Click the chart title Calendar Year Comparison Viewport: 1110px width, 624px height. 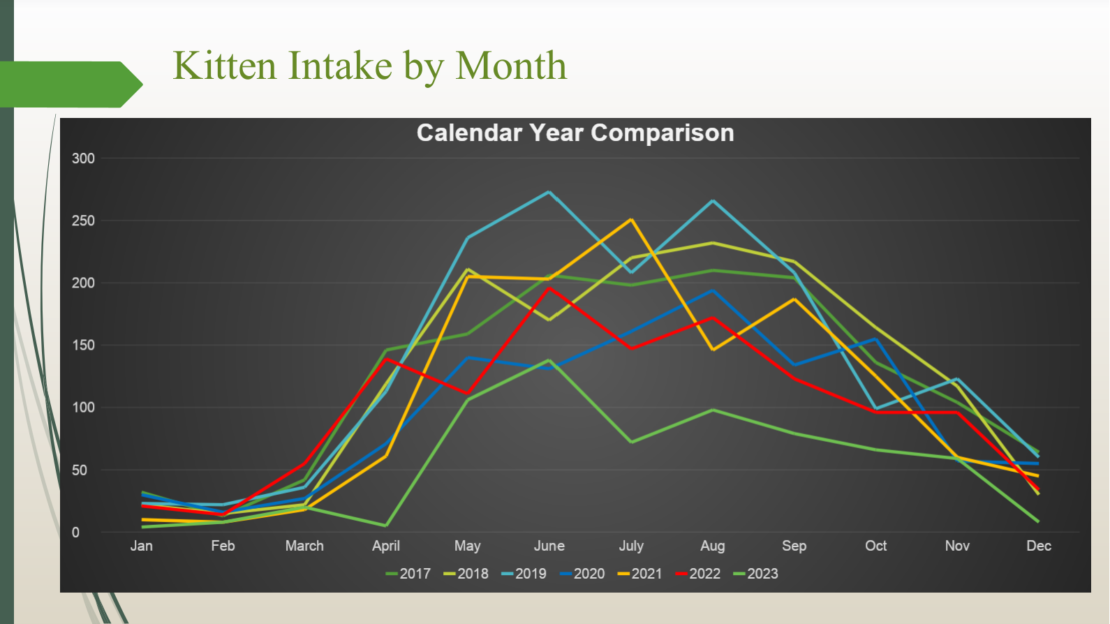(575, 133)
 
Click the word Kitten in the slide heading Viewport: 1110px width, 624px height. (225, 66)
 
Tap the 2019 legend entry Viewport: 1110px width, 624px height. (524, 574)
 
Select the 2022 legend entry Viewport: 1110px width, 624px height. (697, 574)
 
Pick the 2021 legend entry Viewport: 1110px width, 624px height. (639, 574)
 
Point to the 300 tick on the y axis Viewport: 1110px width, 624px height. (83, 158)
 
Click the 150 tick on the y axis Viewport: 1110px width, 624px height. (83, 346)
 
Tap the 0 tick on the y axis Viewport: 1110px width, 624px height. (75, 533)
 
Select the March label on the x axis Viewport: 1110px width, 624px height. (304, 546)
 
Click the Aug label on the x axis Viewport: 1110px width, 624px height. (713, 547)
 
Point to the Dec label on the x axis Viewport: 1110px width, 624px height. (1039, 546)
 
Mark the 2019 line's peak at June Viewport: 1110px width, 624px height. (549, 192)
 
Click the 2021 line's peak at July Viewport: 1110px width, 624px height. (631, 219)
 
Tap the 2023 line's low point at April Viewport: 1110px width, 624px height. (385, 526)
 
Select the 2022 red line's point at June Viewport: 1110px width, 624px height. (549, 288)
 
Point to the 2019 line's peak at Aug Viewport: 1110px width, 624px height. (713, 201)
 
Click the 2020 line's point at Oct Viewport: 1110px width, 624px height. (875, 339)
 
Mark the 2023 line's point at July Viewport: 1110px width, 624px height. (631, 442)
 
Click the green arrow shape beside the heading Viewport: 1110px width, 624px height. (69, 84)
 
